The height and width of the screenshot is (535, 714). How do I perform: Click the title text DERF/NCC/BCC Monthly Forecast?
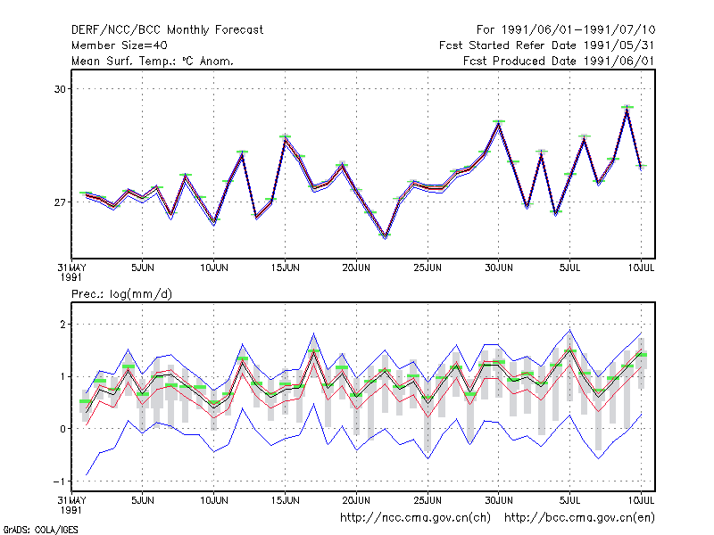click(167, 30)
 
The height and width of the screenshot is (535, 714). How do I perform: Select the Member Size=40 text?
click(120, 45)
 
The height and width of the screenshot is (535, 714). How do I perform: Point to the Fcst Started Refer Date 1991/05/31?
click(547, 45)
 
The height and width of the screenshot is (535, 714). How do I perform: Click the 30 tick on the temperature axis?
click(60, 89)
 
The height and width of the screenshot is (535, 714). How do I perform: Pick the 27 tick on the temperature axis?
click(60, 202)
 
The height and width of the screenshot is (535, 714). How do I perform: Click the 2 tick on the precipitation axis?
click(62, 325)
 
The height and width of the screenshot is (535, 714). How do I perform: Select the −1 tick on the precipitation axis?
click(59, 481)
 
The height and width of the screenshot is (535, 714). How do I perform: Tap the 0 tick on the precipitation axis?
click(62, 429)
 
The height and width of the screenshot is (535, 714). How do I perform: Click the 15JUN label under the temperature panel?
click(285, 268)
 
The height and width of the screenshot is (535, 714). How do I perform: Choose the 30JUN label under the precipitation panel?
click(499, 500)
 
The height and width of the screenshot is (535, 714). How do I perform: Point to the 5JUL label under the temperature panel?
click(569, 268)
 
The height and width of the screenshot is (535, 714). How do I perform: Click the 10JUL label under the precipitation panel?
click(641, 500)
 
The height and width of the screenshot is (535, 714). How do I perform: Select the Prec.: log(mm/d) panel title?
click(121, 294)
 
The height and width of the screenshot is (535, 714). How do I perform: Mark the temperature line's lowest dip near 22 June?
click(386, 235)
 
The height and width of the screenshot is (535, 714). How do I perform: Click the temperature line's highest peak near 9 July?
click(627, 108)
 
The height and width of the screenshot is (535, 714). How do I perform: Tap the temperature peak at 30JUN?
click(499, 123)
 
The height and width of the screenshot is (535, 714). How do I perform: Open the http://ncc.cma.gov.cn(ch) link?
click(415, 518)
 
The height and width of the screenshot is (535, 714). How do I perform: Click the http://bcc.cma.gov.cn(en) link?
click(579, 518)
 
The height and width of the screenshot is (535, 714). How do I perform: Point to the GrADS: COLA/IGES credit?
click(41, 530)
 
